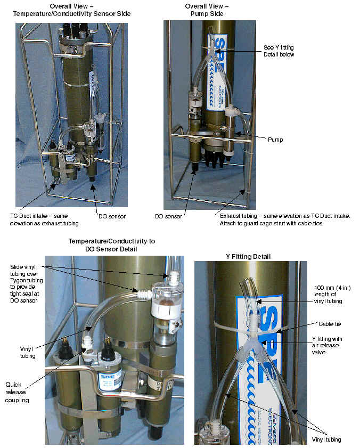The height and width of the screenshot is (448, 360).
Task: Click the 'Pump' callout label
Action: pos(275,140)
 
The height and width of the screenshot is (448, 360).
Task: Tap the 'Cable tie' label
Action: pos(330,324)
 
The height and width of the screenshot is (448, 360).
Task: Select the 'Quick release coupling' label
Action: pos(17,392)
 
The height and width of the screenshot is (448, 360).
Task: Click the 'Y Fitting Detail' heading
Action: pos(248,257)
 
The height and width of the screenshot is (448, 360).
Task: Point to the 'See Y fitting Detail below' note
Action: pos(279,51)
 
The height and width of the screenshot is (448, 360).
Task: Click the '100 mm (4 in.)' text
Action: pos(332,288)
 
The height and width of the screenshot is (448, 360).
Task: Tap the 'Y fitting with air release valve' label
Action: pos(326,345)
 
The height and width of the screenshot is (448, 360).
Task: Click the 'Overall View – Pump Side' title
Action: pos(207,10)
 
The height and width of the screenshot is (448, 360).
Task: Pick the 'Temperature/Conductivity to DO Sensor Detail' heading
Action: pos(111,245)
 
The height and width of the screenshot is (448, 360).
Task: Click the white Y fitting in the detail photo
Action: pos(254,343)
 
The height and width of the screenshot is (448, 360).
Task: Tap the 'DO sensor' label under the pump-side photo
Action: pos(168,217)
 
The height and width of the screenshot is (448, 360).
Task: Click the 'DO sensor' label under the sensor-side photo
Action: pos(112,217)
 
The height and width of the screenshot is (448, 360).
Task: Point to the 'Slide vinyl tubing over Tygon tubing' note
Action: pos(26,284)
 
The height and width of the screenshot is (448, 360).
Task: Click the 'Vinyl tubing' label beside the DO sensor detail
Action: pos(28,352)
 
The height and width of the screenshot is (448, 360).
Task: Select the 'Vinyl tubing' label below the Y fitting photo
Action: pos(326,439)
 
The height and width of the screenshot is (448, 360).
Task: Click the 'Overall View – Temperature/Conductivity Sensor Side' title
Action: pos(72,10)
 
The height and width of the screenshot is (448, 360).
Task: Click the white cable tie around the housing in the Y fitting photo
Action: pos(251,328)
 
